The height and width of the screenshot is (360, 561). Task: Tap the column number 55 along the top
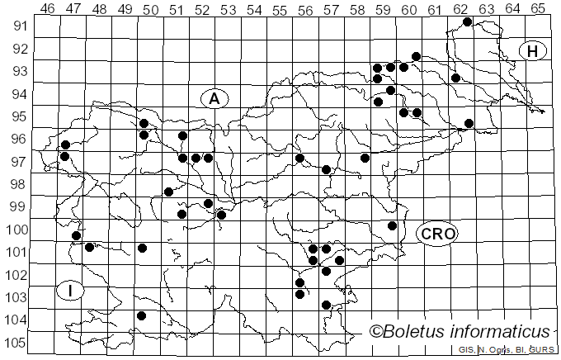click(x=280, y=7)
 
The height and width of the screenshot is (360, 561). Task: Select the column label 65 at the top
click(x=537, y=7)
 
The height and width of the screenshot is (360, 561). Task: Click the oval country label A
click(x=214, y=99)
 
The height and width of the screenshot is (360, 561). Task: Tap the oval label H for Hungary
click(x=532, y=51)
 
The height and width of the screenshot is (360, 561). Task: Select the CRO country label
click(x=436, y=234)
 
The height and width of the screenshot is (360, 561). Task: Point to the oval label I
click(x=71, y=290)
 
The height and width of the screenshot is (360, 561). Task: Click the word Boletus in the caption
click(x=420, y=332)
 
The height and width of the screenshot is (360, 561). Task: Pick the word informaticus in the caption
click(x=505, y=332)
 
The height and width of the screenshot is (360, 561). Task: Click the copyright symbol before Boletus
click(x=376, y=332)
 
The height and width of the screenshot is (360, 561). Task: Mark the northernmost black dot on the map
click(x=467, y=21)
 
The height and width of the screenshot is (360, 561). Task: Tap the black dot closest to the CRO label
click(x=393, y=225)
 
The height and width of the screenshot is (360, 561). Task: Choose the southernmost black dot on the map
click(x=141, y=315)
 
